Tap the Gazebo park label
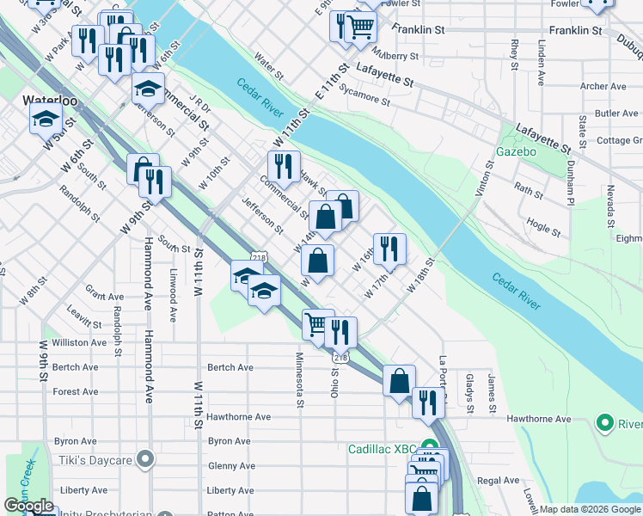pyautogui.click(x=516, y=152)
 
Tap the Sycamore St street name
pyautogui.click(x=364, y=94)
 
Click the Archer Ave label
pyautogui.click(x=603, y=86)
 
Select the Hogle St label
pyautogui.click(x=544, y=228)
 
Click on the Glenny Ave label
pyautogui.click(x=231, y=466)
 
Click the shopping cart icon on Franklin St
pyautogui.click(x=360, y=28)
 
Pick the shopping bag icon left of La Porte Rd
pyautogui.click(x=399, y=380)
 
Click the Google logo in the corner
pyautogui.click(x=28, y=506)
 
